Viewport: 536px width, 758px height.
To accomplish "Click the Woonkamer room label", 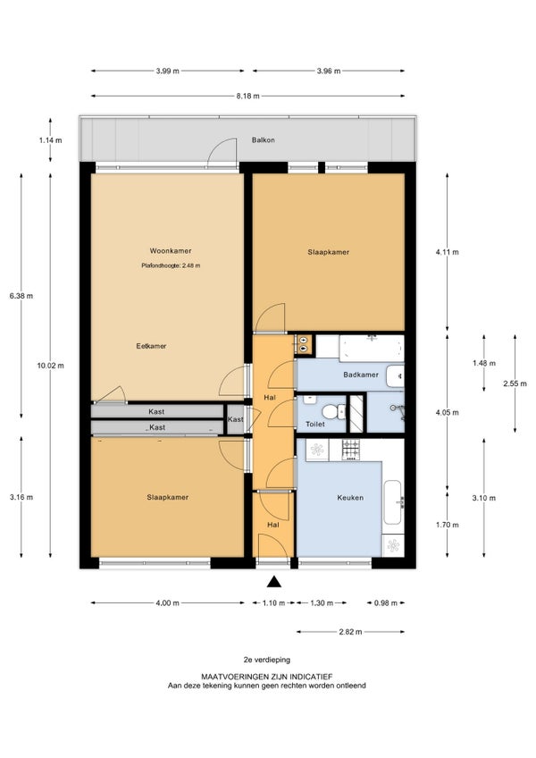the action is pos(170,251).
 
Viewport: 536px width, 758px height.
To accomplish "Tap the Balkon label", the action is pos(263,140).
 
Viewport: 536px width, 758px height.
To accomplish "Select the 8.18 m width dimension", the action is pos(248,97).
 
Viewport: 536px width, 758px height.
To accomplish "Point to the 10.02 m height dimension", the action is pos(50,366).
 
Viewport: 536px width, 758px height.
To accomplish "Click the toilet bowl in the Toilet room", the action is pos(331,412).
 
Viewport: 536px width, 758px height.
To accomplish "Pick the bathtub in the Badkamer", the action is pos(372,348).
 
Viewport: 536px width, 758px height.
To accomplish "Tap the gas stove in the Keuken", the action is pos(351,450).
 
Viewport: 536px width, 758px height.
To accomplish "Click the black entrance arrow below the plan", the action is pos(274,582).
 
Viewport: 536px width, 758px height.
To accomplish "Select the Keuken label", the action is pos(350,497).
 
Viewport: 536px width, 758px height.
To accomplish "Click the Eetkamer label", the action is pos(151,346).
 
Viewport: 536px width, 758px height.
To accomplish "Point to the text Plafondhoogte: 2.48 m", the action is pos(171,265).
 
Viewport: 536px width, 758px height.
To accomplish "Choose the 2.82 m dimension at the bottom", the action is pos(350,632).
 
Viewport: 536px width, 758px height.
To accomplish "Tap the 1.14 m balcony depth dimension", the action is pos(50,140).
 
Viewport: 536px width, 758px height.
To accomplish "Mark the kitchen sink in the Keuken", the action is pos(392,502).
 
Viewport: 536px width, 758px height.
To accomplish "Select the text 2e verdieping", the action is pos(267,660).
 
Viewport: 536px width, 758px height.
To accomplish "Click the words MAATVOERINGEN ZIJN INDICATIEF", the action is pos(267,677).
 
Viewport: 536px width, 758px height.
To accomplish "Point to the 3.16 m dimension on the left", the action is pos(21,497).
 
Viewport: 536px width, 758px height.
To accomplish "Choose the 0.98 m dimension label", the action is pos(385,602).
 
